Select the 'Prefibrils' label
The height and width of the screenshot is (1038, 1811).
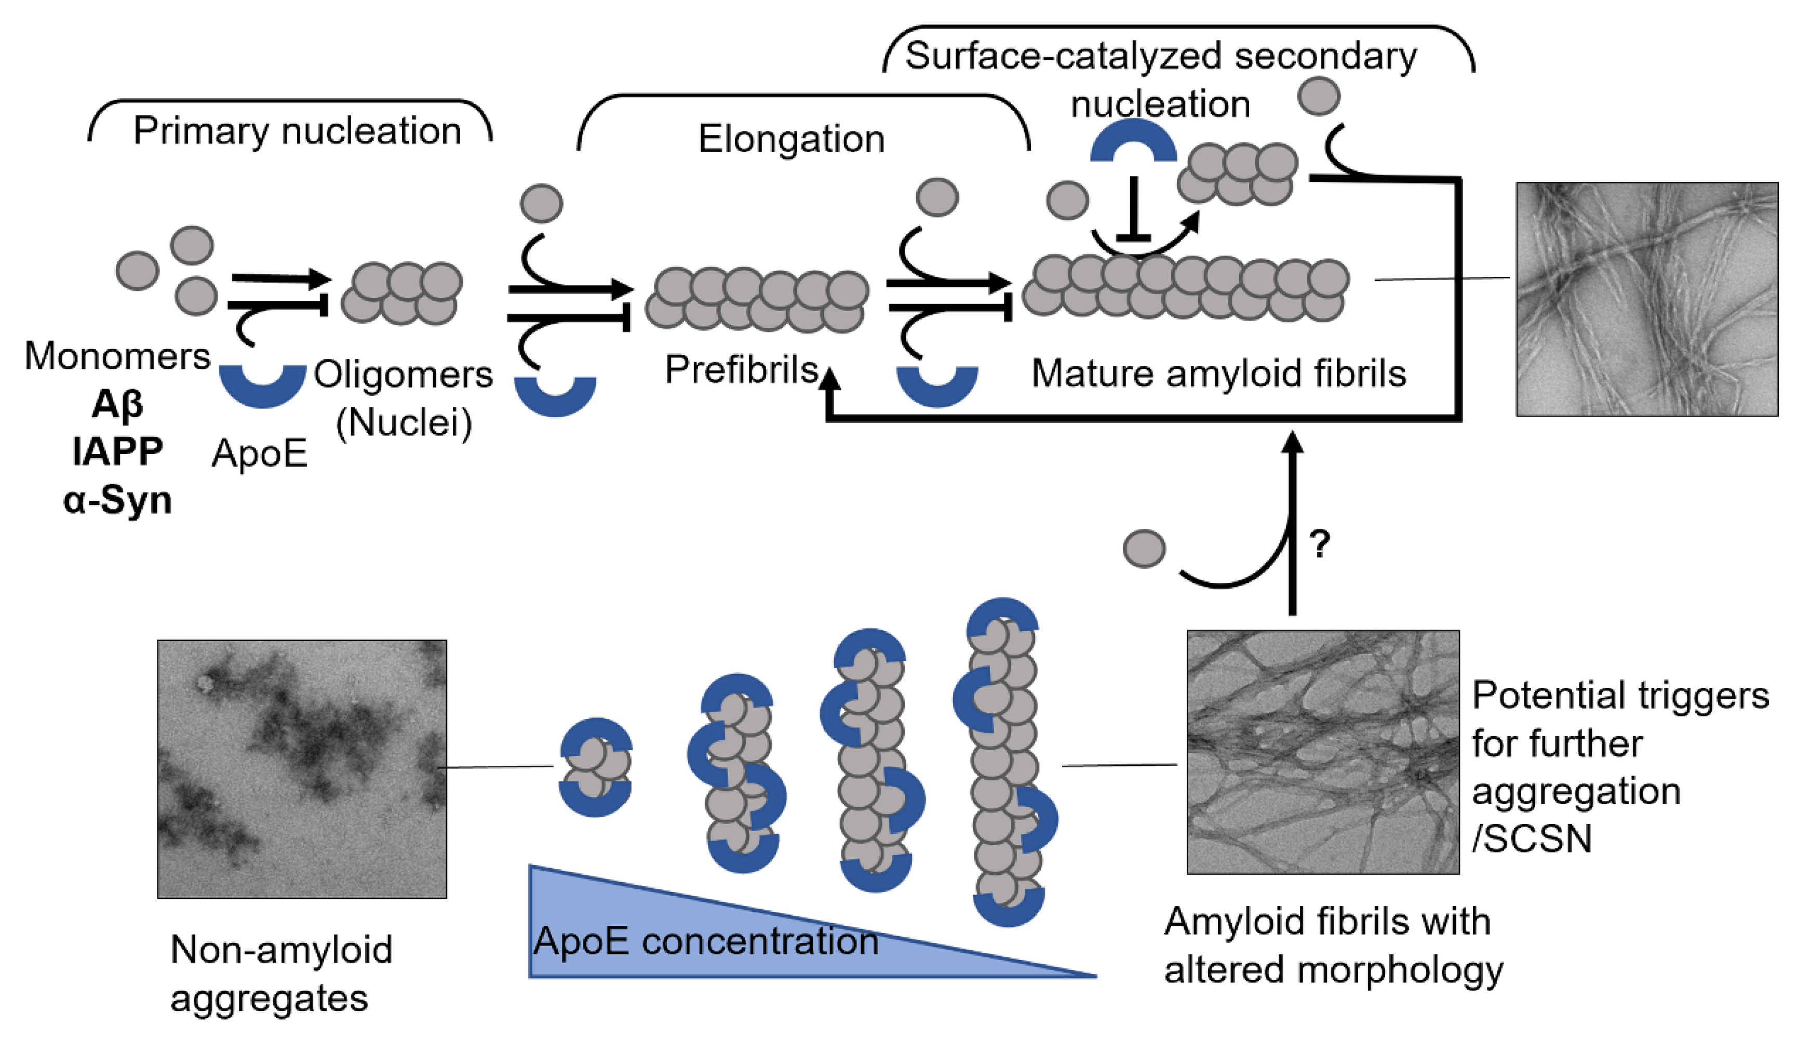coord(741,369)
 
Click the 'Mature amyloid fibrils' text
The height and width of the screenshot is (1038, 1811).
coord(1219,373)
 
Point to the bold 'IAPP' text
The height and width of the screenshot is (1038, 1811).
coord(117,451)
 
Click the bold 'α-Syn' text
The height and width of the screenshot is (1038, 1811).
coord(117,500)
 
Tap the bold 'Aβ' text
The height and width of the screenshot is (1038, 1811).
coord(117,404)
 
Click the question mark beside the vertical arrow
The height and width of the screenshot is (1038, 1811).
coord(1320,544)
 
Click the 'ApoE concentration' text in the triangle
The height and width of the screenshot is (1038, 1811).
coord(706,941)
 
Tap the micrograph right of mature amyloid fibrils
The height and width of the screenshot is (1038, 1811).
coord(1646,299)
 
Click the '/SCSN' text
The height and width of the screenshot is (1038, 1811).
coord(1532,839)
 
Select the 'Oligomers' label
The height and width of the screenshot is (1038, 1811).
coord(404,374)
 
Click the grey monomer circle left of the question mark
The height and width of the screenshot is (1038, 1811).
coord(1144,549)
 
